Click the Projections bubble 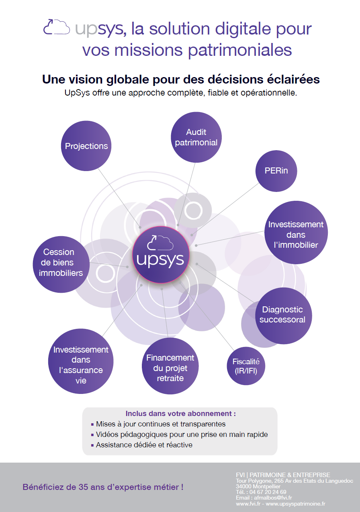tap(86, 146)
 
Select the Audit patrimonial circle tap(196, 137)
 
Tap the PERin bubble tap(276, 171)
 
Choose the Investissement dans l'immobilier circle tap(296, 233)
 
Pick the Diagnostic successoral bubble tap(284, 316)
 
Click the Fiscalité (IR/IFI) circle tap(246, 366)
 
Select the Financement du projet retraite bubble tap(170, 366)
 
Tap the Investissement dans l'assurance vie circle tap(81, 361)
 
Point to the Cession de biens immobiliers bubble tap(61, 265)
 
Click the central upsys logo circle tap(161, 255)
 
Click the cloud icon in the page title tap(57, 27)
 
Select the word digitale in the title tap(243, 29)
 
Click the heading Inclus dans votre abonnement tap(181, 414)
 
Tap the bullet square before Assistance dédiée tap(92, 445)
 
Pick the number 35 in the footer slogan tap(84, 487)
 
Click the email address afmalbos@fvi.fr tap(273, 498)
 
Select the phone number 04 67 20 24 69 tap(268, 492)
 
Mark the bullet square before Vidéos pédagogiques tap(92, 435)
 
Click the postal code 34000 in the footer tap(243, 486)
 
